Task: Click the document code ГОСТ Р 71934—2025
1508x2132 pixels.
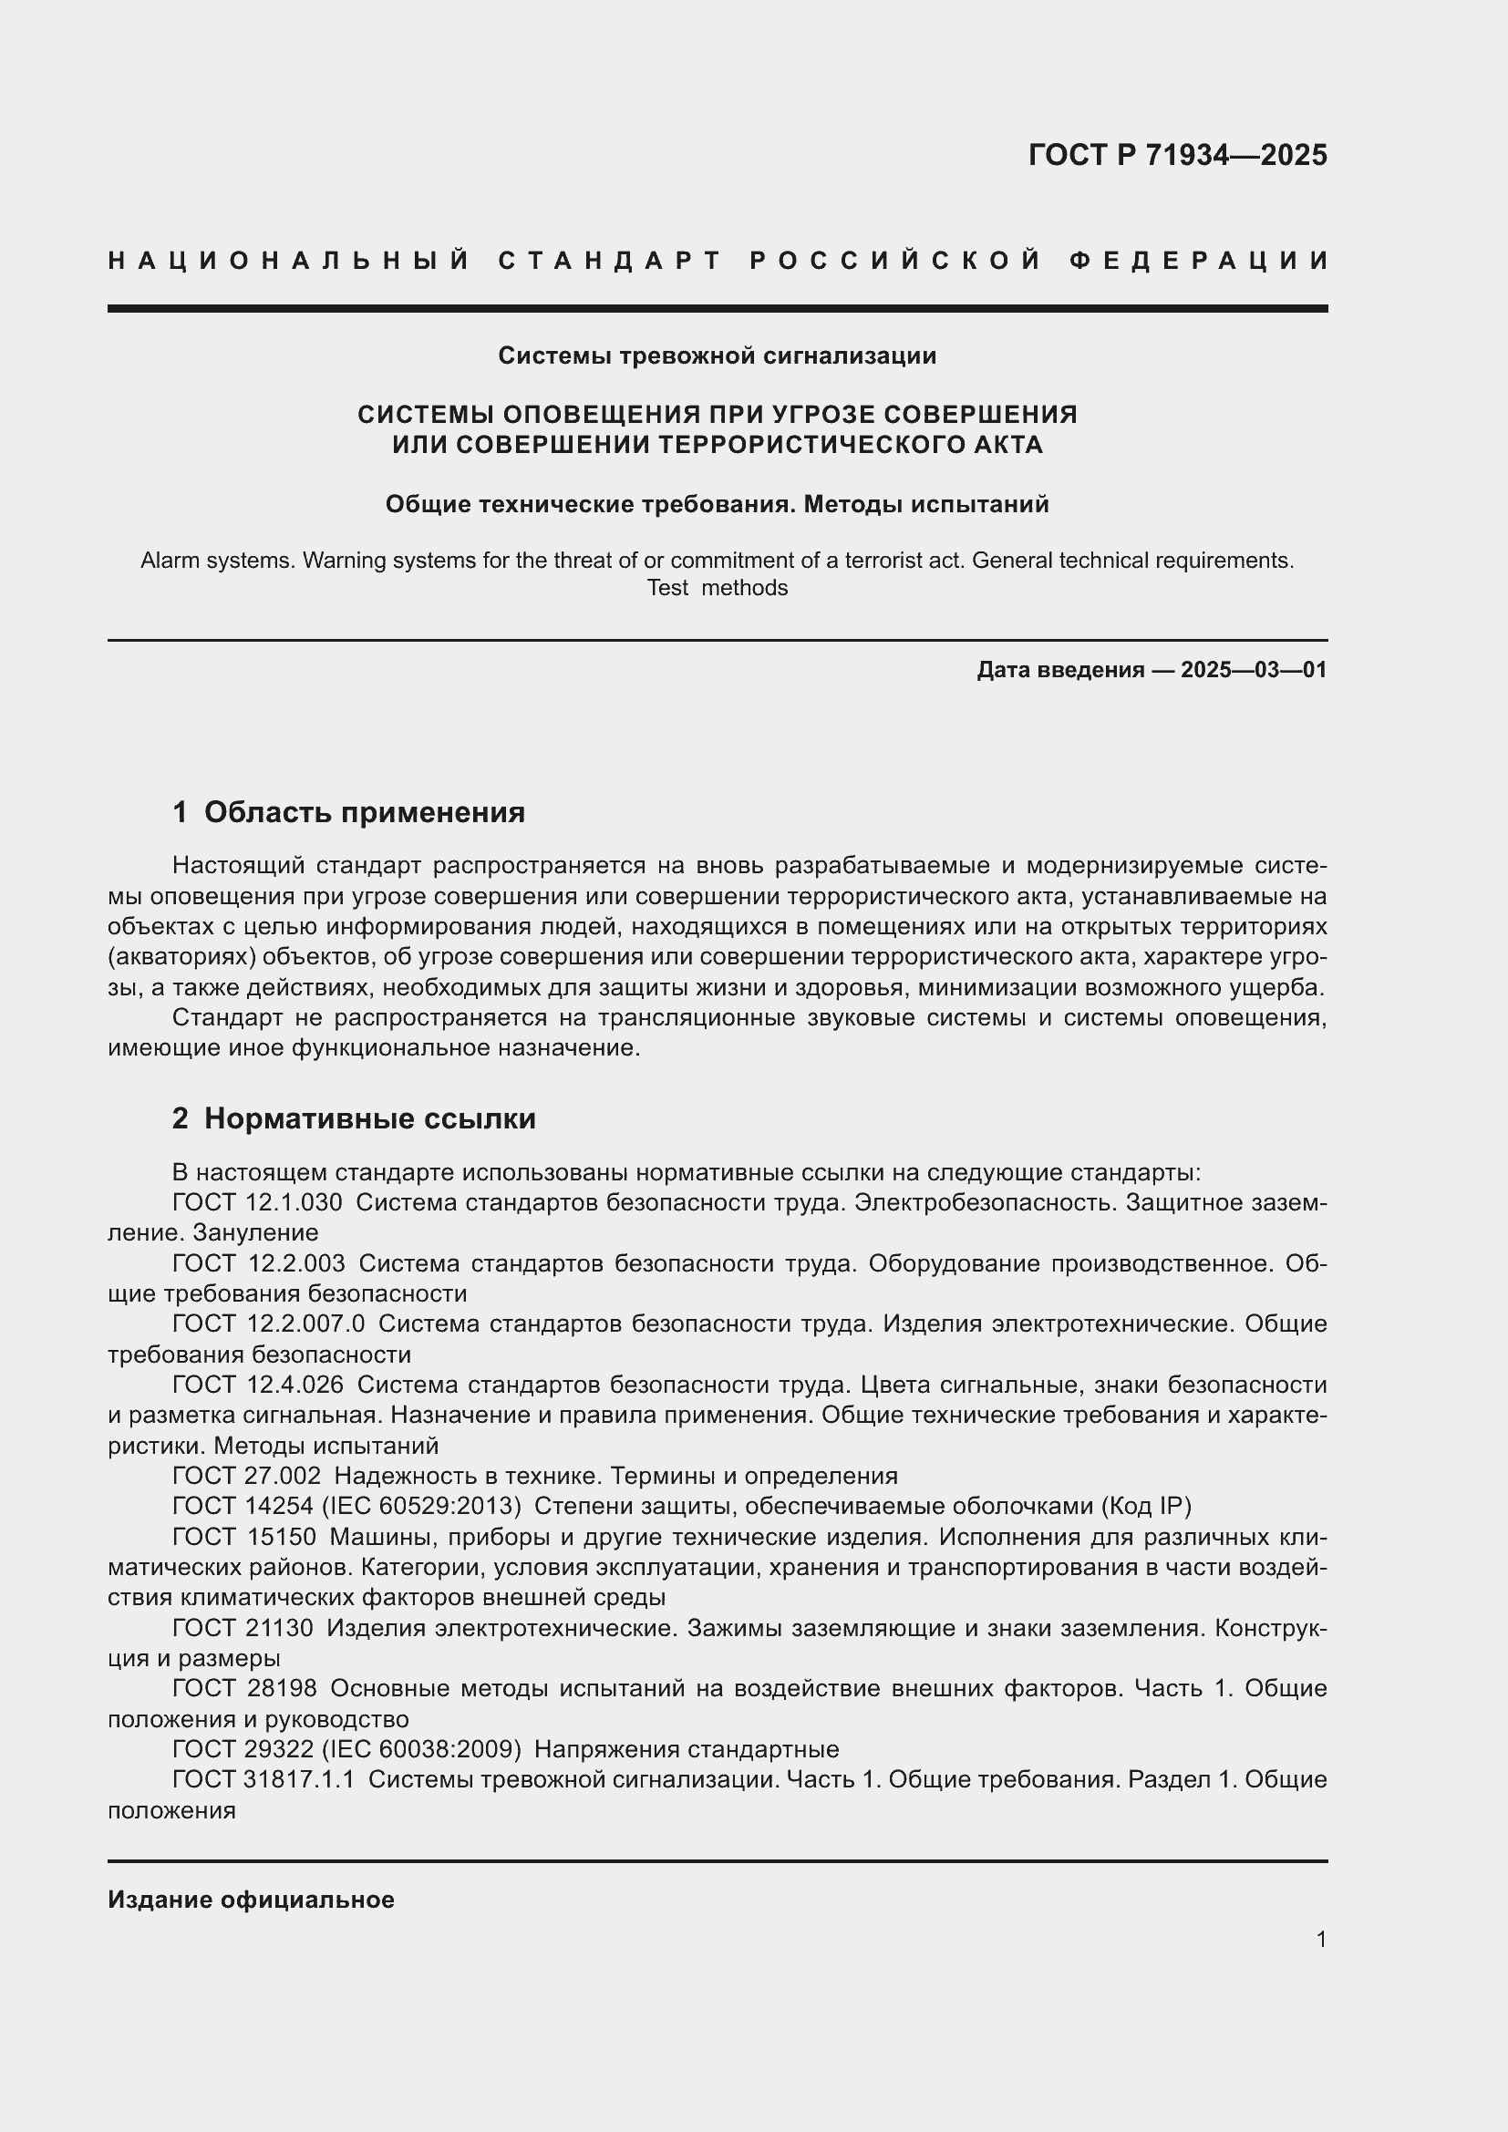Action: coord(1176,155)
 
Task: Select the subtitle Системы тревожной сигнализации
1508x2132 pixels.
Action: coord(717,355)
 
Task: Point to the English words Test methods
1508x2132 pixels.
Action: coord(717,588)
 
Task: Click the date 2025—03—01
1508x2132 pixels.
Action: coord(1254,670)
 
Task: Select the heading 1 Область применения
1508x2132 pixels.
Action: coord(348,812)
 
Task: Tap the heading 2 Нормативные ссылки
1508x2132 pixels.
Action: coord(354,1119)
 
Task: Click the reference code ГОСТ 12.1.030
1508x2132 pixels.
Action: coord(257,1202)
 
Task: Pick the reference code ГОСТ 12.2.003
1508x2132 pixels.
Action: coord(258,1262)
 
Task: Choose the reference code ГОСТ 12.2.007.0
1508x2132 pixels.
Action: coord(268,1324)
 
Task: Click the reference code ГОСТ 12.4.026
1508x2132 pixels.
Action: coord(258,1385)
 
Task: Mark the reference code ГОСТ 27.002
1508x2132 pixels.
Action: coord(247,1476)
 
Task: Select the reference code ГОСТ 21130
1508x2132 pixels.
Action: coord(243,1628)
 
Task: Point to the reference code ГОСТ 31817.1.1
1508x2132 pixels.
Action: coord(263,1779)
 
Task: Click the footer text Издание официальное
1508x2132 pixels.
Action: coord(251,1900)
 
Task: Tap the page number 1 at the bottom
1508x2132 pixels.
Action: coord(1321,1939)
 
